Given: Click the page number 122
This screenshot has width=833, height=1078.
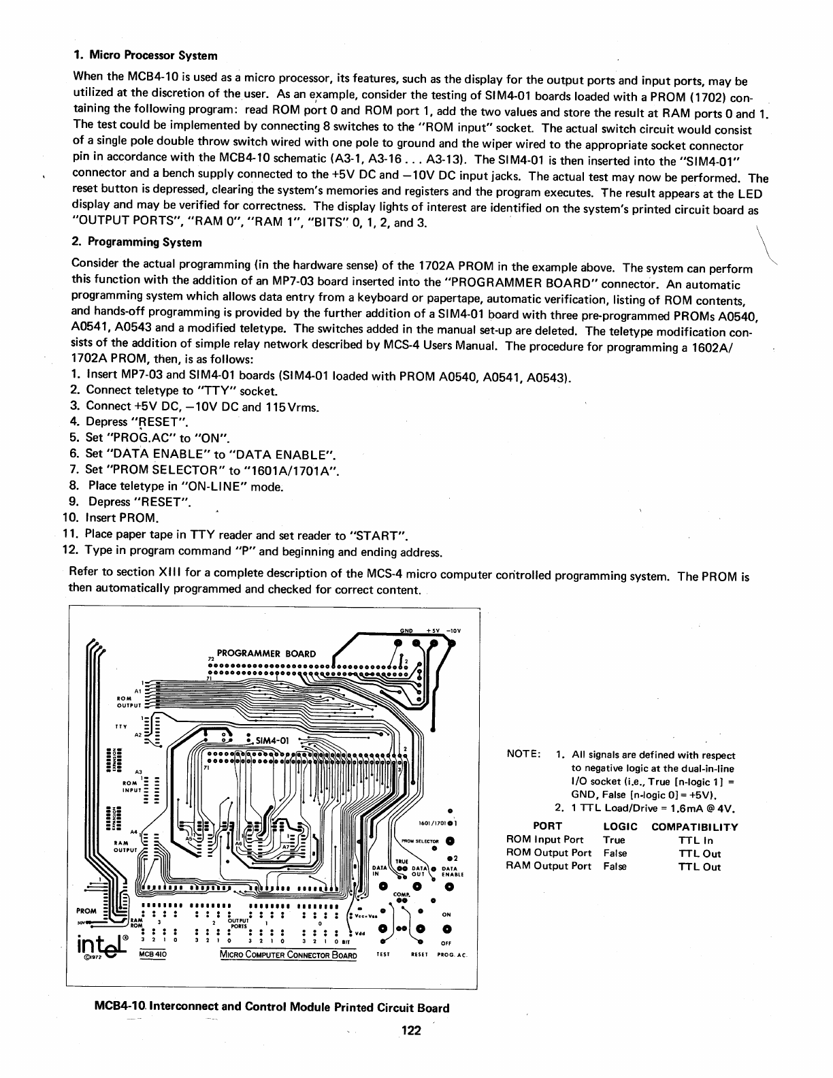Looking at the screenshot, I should (411, 1030).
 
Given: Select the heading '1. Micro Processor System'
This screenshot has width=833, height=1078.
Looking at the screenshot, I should (145, 55).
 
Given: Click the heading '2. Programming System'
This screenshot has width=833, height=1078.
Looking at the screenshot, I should (137, 242).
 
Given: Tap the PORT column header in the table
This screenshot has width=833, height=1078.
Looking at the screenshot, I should (548, 826).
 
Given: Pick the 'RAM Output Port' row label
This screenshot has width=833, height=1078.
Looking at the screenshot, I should (549, 866).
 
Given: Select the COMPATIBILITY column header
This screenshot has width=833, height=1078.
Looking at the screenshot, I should (694, 827).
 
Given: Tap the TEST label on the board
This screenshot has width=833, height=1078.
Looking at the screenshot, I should (382, 955).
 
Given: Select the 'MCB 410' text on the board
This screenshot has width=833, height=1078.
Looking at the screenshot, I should (152, 954).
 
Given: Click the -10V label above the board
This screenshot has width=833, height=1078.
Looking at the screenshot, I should (453, 630).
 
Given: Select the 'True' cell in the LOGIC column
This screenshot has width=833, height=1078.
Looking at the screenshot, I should (614, 840).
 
